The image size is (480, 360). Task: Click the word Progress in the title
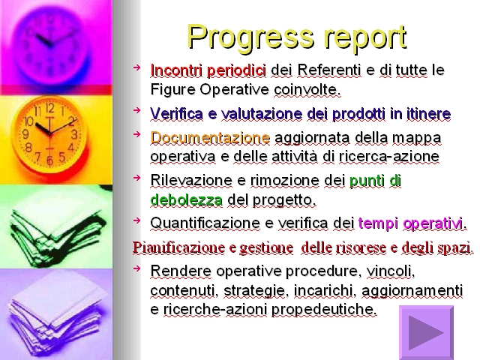(251, 37)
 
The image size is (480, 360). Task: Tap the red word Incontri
(176, 70)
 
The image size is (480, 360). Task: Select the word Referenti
(328, 70)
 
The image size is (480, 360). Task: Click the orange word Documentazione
(210, 138)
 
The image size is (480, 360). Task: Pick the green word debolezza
(187, 200)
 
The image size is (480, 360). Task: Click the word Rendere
(181, 271)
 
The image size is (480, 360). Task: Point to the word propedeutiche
(324, 310)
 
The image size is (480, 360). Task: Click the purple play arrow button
(427, 332)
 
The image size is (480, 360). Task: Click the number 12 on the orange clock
(50, 108)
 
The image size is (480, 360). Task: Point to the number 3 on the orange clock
(74, 134)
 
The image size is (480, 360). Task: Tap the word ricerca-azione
(389, 157)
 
